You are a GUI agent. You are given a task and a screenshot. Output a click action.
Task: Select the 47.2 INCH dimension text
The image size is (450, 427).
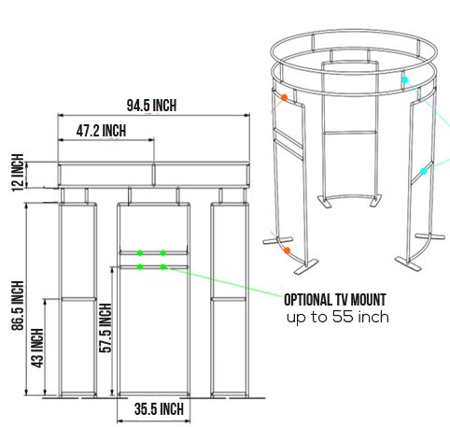(x=101, y=131)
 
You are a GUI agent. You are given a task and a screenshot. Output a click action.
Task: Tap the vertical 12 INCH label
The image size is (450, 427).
(x=16, y=174)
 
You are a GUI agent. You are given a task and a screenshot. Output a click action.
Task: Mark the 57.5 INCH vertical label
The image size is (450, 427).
(x=105, y=330)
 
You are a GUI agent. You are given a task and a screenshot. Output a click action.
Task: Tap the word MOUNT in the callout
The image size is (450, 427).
(x=367, y=300)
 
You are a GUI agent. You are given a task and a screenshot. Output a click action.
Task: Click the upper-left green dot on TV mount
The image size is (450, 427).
(x=140, y=252)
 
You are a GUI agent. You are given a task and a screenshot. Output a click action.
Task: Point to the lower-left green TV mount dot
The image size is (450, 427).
(x=140, y=267)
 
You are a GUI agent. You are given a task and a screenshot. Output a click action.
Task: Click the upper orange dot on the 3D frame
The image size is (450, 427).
(x=284, y=96)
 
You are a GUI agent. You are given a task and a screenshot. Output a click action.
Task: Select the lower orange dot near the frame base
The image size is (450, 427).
(x=287, y=251)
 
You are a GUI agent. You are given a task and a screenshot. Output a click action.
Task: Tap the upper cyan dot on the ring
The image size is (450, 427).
(x=404, y=81)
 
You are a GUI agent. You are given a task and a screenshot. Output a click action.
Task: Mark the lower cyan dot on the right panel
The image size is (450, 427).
(x=423, y=171)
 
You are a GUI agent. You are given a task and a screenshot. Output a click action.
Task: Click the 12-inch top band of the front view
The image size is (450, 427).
(x=155, y=175)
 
